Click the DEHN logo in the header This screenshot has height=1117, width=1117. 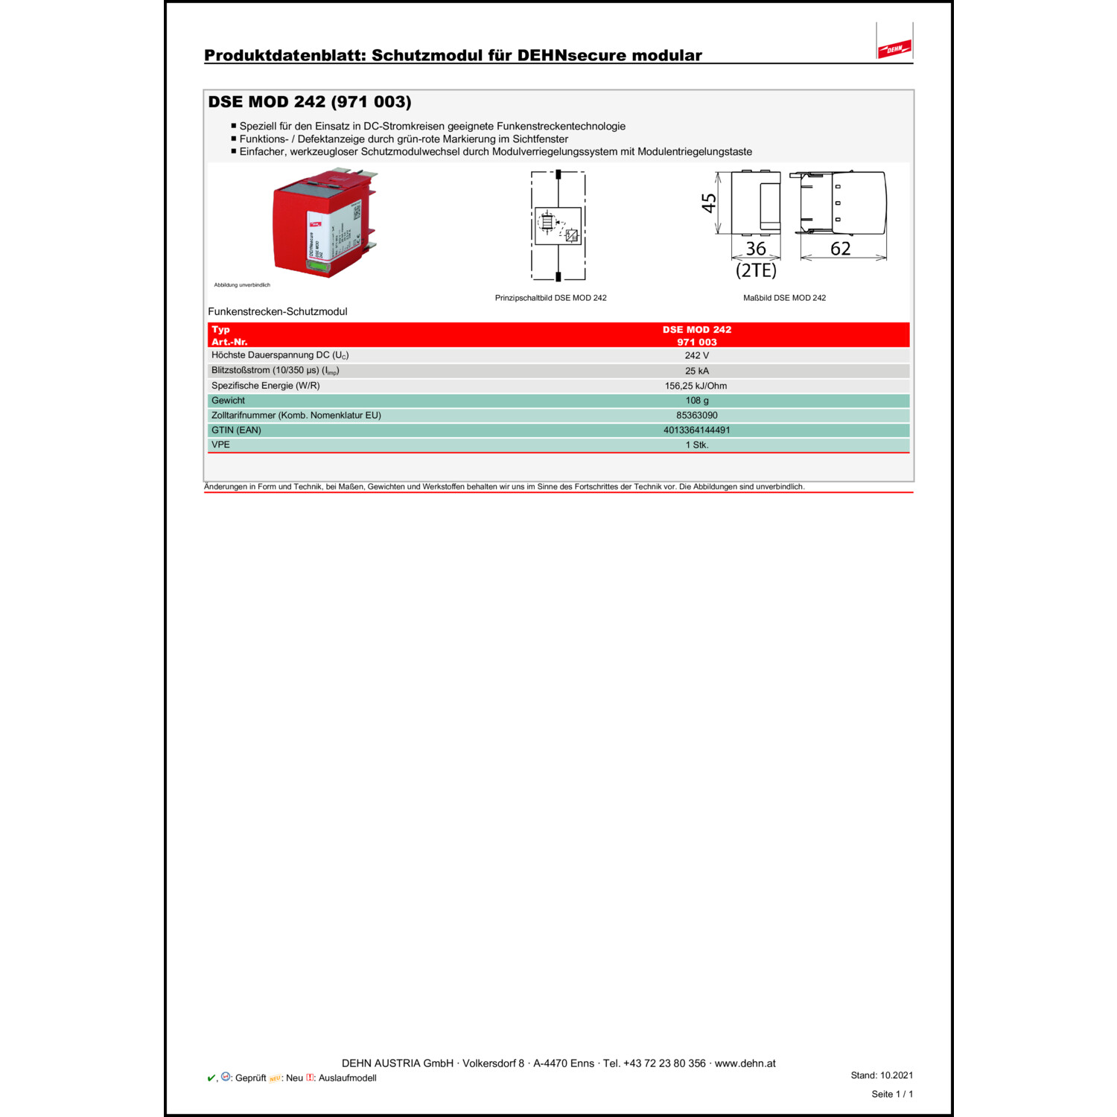point(894,49)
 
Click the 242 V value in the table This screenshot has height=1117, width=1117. point(696,356)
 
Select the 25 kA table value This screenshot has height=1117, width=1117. point(696,371)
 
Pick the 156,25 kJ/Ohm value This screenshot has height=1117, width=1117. point(696,386)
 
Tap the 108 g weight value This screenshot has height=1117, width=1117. point(696,401)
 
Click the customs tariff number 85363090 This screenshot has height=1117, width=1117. point(696,416)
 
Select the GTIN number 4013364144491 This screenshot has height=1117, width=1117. point(696,430)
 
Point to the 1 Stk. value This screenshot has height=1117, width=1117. point(696,445)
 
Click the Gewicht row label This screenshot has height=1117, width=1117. point(228,401)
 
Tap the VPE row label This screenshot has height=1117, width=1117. point(220,445)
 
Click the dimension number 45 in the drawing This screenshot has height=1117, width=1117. point(709,203)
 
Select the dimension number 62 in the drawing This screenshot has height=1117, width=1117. point(840,249)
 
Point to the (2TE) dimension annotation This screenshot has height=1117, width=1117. point(756,270)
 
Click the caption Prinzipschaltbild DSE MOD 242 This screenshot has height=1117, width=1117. point(550,298)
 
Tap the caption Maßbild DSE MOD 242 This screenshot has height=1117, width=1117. point(784,298)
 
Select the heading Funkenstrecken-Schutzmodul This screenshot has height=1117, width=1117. point(277,312)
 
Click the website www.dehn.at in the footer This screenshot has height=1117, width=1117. point(745,1063)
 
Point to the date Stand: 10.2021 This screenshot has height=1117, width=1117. point(882,1075)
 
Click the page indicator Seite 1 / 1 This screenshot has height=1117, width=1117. point(892,1095)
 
